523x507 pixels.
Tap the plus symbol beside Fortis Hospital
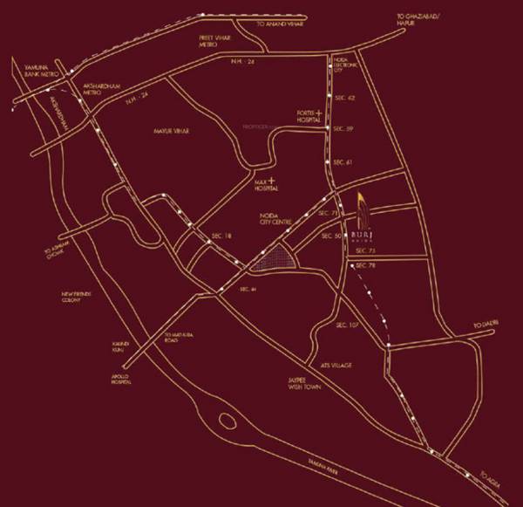[x=320, y=113]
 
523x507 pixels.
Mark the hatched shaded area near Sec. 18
[x=275, y=258]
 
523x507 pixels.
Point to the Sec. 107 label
[x=347, y=325]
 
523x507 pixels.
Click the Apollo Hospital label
[x=122, y=379]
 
